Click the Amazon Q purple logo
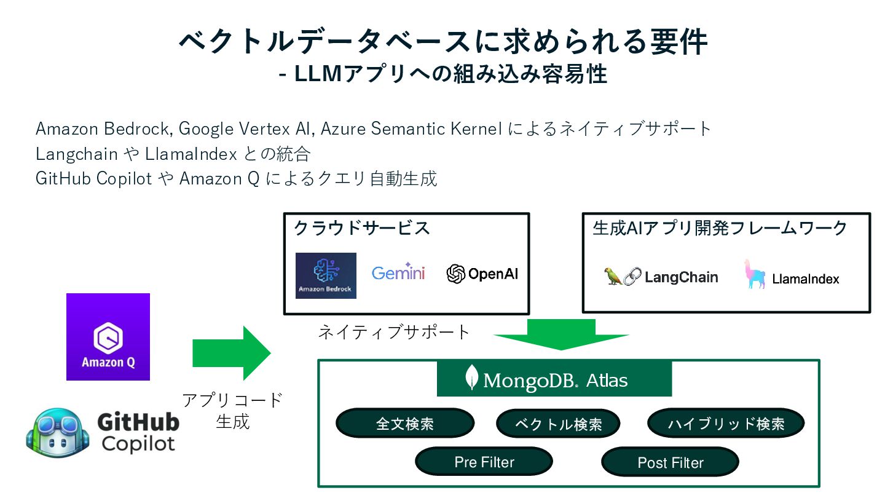(x=108, y=337)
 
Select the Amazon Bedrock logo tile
(x=326, y=275)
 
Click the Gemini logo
(x=398, y=273)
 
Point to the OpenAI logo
(x=482, y=274)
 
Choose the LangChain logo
(x=661, y=277)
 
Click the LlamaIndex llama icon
(x=754, y=274)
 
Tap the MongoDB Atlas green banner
(x=554, y=379)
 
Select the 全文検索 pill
(x=405, y=424)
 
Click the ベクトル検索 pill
(x=558, y=424)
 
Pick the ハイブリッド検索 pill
(x=726, y=424)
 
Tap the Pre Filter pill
(x=484, y=462)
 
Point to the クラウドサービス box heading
(x=362, y=228)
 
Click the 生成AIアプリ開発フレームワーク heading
(x=720, y=228)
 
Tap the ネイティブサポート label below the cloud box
(x=394, y=333)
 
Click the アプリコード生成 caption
(x=232, y=411)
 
